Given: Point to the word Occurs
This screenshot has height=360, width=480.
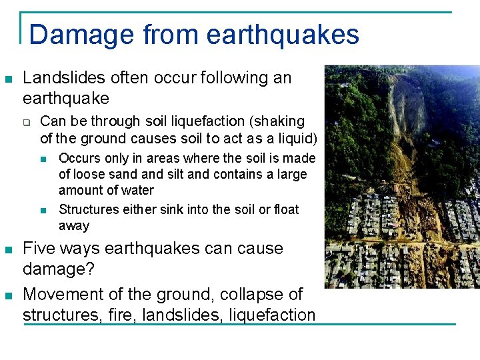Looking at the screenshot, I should tap(79, 159).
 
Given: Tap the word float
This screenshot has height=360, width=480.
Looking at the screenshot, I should tap(286, 209).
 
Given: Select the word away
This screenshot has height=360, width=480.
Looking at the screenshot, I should tap(74, 225).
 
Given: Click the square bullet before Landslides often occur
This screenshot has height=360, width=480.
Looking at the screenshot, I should tap(8, 79).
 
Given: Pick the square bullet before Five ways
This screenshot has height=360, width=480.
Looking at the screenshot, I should tap(8, 250).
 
